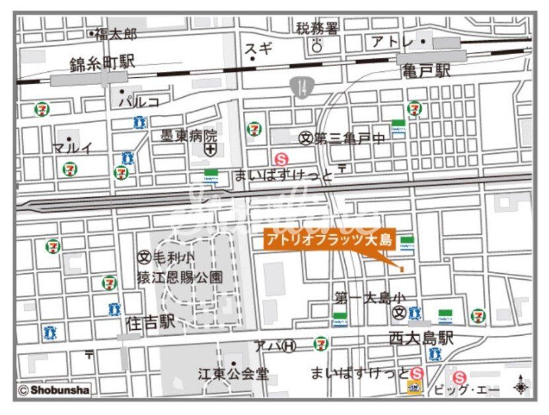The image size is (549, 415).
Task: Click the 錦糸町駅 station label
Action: [102, 63]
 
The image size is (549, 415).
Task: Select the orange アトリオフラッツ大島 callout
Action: [329, 239]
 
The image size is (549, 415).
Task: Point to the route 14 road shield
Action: [301, 88]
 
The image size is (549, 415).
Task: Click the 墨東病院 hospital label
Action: [189, 137]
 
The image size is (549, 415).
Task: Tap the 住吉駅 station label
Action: [150, 322]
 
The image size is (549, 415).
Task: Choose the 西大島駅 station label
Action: [421, 338]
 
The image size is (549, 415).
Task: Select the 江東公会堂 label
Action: [233, 374]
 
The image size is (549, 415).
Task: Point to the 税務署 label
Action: [317, 28]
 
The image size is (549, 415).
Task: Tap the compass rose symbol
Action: [521, 386]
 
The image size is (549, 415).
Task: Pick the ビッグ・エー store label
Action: [466, 390]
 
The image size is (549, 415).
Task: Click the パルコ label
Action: [139, 102]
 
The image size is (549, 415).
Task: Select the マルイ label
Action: [73, 148]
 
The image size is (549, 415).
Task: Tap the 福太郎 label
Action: [116, 33]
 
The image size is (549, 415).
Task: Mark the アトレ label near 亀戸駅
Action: [392, 42]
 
